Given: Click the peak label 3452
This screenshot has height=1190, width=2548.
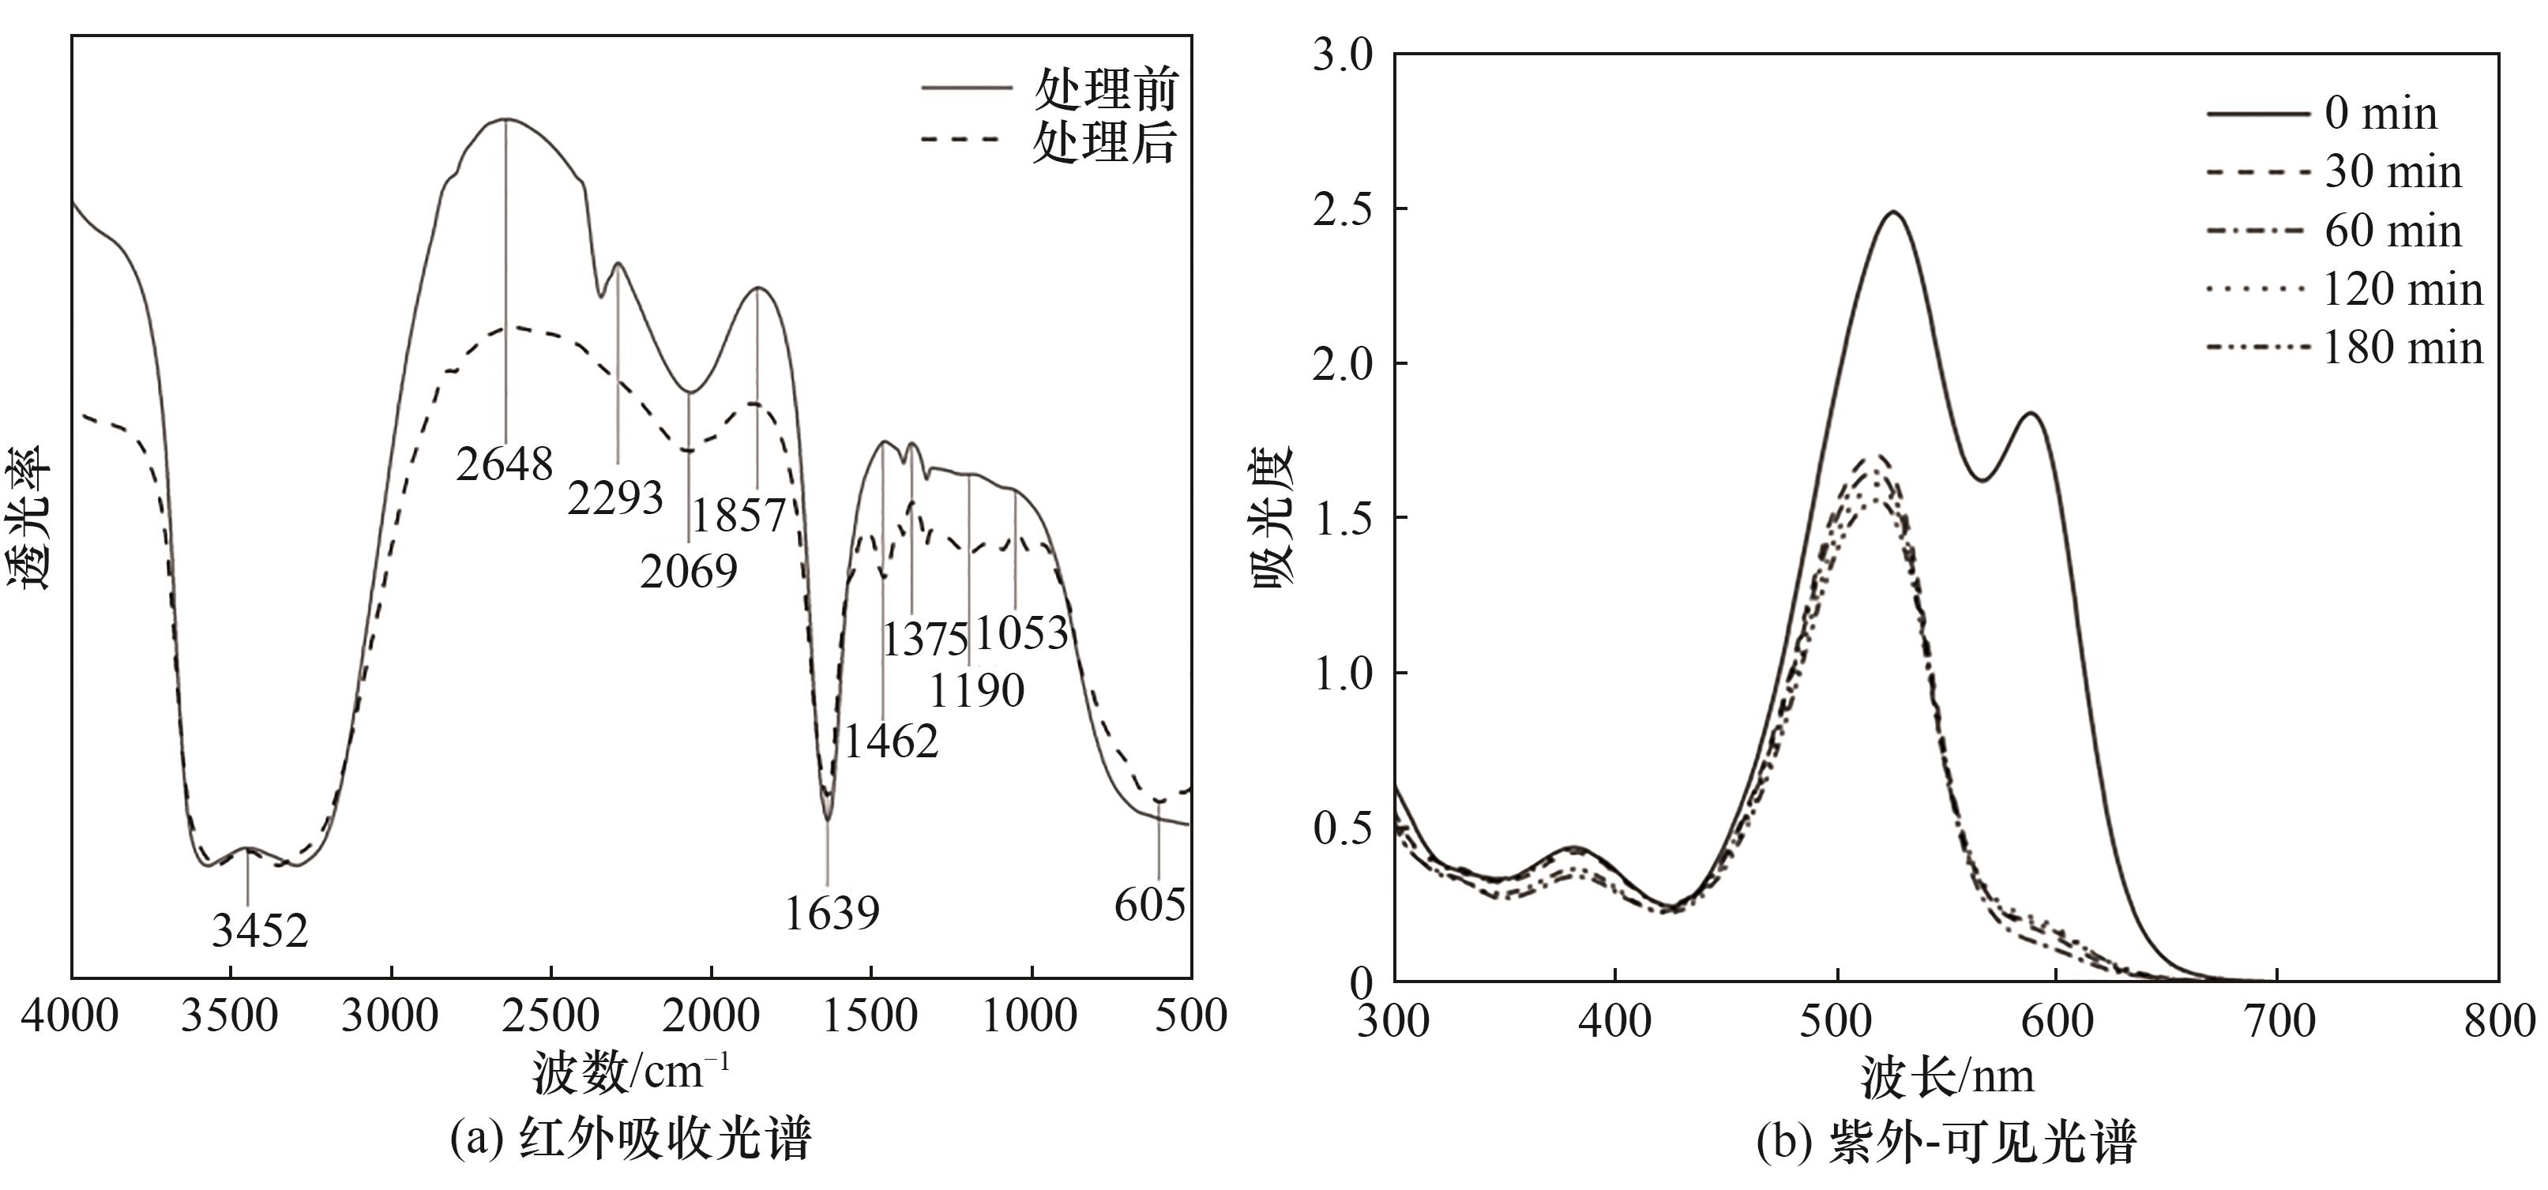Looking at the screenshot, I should pos(260,931).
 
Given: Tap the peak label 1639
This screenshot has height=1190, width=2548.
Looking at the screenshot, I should pos(832,913).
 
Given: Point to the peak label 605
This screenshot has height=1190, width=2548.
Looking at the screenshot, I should pos(1149,904).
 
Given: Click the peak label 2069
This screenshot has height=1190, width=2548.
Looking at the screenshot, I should pos(689,571).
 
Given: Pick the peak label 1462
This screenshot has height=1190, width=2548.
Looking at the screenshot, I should pos(891,741).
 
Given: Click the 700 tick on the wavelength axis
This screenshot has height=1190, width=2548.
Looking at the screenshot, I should pos(2278,1021).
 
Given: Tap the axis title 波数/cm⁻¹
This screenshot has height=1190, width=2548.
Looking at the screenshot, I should pos(631,1072).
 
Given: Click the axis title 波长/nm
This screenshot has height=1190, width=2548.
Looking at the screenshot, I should pos(1948,1076).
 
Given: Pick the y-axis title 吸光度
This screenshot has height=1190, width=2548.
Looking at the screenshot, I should pos(1275,516).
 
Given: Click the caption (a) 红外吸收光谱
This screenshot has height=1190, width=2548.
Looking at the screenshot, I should pos(631,1139).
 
